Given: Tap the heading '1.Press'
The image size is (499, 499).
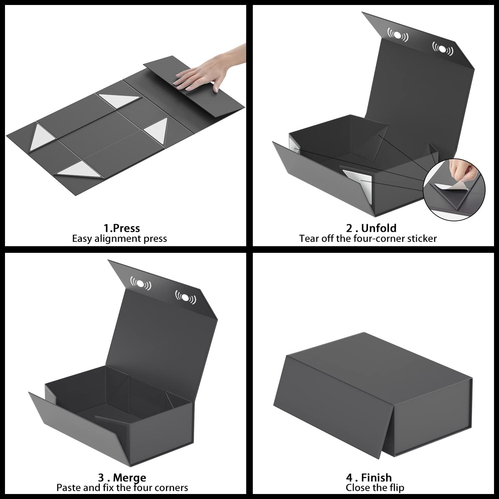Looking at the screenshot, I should [x=121, y=228].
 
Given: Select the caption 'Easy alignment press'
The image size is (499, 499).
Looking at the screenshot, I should [x=119, y=239].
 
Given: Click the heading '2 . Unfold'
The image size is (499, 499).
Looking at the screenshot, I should [x=371, y=228].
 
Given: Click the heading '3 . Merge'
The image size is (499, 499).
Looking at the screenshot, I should [x=122, y=478].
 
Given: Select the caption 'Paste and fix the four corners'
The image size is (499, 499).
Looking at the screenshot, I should [x=122, y=488].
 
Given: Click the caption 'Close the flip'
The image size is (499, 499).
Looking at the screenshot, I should [x=375, y=488].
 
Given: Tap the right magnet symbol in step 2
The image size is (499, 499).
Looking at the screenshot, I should [x=442, y=49].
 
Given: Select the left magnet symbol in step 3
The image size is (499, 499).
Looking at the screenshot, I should [x=140, y=283].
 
